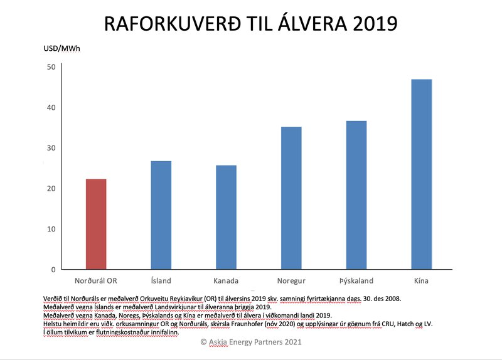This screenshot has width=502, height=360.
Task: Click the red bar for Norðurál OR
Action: tap(96, 224)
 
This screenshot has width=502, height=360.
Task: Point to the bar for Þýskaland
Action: tap(356, 195)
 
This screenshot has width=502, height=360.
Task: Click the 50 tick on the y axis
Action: tap(51, 67)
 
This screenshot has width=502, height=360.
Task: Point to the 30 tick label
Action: tap(51, 148)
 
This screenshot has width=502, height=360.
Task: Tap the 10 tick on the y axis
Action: tap(51, 229)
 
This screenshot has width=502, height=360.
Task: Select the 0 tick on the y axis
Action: tap(53, 270)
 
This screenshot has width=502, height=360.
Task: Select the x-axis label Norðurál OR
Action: tap(96, 281)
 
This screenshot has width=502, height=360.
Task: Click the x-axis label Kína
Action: tap(421, 281)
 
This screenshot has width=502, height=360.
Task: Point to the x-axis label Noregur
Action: tap(291, 281)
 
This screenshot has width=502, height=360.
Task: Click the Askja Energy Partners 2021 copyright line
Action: tap(251, 342)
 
